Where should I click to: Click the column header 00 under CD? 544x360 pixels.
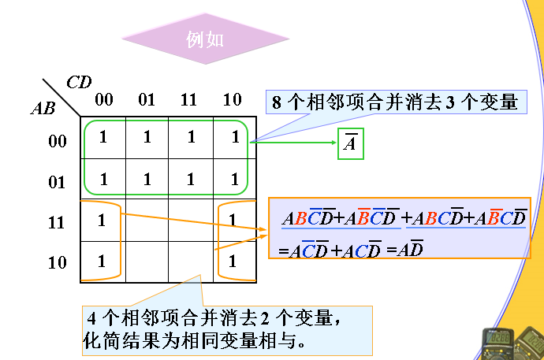tap(103, 100)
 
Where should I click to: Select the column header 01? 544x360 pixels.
tap(147, 100)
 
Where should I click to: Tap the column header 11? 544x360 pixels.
tap(189, 100)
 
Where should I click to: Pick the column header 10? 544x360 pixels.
tap(233, 100)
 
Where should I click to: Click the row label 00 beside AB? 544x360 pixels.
tap(57, 142)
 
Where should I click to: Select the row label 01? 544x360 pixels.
tap(57, 183)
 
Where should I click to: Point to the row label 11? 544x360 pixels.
tap(57, 223)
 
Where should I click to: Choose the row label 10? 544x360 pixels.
tap(57, 263)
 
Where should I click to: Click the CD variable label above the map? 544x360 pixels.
tap(78, 82)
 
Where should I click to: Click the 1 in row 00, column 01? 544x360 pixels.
tap(147, 137)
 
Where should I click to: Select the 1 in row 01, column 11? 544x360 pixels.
tap(190, 179)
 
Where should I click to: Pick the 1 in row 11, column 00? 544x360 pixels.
tap(102, 220)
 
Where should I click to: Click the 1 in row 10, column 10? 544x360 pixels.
tap(232, 261)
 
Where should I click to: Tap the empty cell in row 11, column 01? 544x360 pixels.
tap(147, 220)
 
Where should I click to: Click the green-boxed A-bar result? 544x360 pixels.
tap(351, 144)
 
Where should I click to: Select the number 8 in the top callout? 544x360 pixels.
tap(276, 102)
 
